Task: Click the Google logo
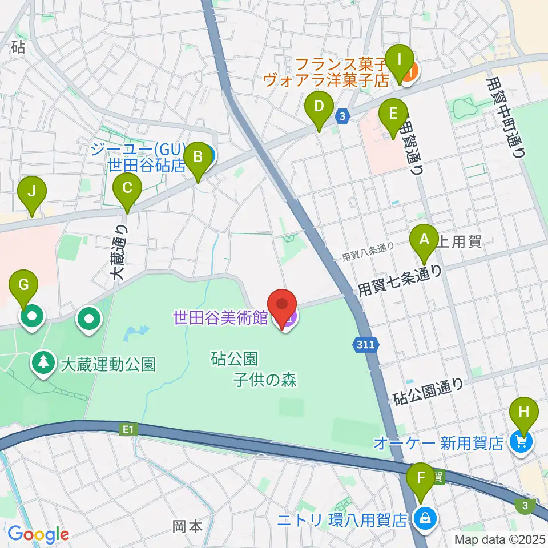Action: [38, 534]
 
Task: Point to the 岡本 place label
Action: [188, 526]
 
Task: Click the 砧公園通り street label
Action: [429, 392]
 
